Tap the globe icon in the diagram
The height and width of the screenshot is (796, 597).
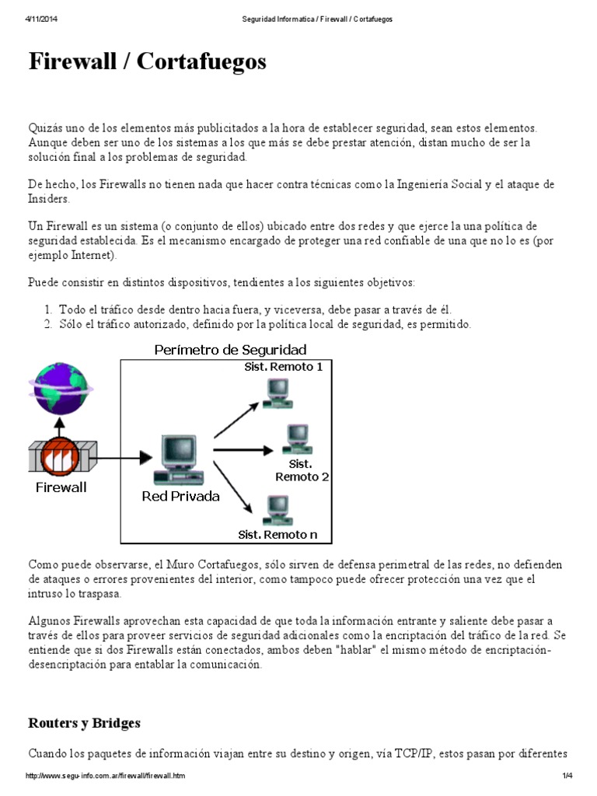click(x=59, y=389)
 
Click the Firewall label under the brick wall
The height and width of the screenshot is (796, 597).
click(x=61, y=488)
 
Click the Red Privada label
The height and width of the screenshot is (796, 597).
click(x=180, y=496)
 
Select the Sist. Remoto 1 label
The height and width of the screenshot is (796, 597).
click(x=284, y=367)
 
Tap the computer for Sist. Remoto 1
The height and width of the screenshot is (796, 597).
click(x=277, y=393)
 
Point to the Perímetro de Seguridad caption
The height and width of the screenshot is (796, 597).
click(x=230, y=350)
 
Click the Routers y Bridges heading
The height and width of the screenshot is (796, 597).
click(x=85, y=723)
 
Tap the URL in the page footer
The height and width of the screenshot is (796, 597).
click(x=106, y=777)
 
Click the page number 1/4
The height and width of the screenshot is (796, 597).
click(x=567, y=777)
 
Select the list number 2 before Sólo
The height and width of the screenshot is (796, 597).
click(x=48, y=323)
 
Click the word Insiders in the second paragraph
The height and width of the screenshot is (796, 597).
click(x=49, y=199)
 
